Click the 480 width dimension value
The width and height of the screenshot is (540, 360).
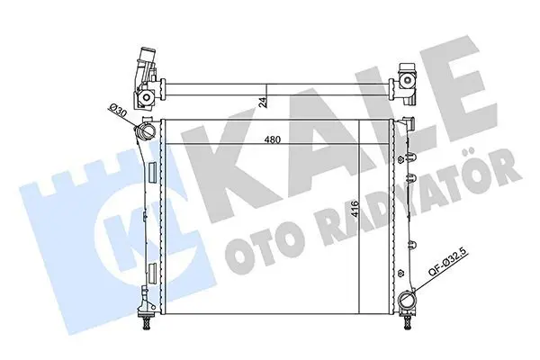pyautogui.click(x=273, y=139)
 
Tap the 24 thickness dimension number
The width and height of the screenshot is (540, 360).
pyautogui.click(x=263, y=103)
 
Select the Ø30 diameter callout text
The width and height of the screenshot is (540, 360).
pyautogui.click(x=117, y=112)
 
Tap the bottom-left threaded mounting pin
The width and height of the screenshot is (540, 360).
pyautogui.click(x=147, y=321)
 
